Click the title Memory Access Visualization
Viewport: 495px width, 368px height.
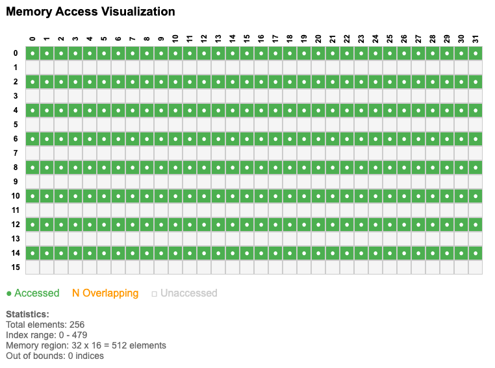click(90, 12)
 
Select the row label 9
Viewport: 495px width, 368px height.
click(16, 181)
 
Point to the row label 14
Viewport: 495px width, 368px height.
click(16, 252)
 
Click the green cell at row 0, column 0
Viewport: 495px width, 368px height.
click(32, 53)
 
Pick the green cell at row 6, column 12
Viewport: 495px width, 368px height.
click(204, 139)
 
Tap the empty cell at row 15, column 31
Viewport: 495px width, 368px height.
click(476, 267)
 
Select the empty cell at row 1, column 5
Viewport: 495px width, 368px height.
click(104, 67)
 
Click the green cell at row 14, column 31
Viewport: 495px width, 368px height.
click(476, 253)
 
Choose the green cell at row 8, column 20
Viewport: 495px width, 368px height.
click(318, 167)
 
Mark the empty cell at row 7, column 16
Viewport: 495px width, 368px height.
click(261, 153)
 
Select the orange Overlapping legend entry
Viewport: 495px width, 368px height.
click(105, 293)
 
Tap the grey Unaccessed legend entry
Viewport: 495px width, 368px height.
click(184, 293)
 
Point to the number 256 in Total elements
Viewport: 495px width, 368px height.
click(77, 325)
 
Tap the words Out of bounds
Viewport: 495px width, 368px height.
click(33, 356)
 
